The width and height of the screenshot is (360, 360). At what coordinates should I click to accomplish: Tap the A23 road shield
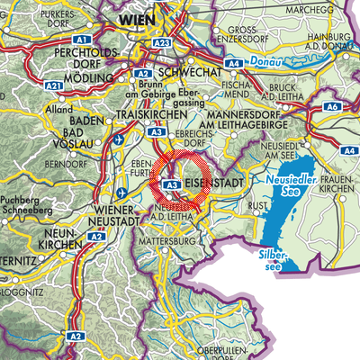tap(162, 42)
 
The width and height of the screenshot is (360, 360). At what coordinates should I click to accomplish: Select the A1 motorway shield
tap(83, 41)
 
